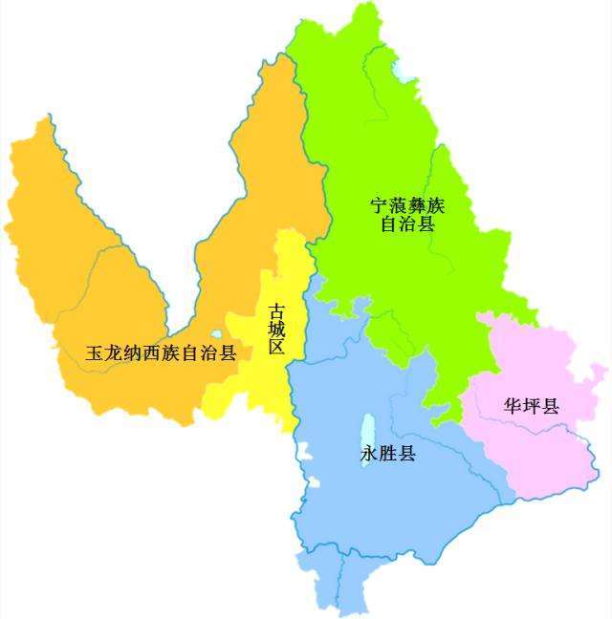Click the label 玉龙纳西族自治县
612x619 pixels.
click(x=161, y=353)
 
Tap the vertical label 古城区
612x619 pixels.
click(x=276, y=329)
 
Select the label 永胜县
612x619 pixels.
click(x=388, y=454)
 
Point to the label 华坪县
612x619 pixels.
click(x=532, y=405)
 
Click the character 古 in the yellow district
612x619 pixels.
click(x=276, y=309)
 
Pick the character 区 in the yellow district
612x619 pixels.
click(x=276, y=348)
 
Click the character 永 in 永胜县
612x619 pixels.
click(x=370, y=454)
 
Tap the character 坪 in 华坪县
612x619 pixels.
click(x=532, y=405)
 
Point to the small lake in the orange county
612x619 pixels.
click(x=217, y=335)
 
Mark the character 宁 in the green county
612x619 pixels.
click(x=381, y=205)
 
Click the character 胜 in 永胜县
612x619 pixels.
click(x=388, y=454)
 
